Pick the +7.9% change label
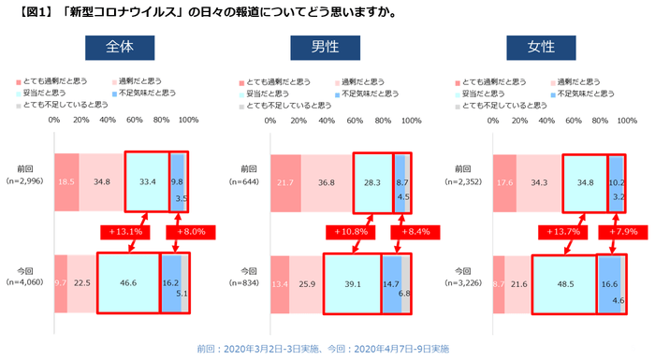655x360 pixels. click(x=627, y=230)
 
